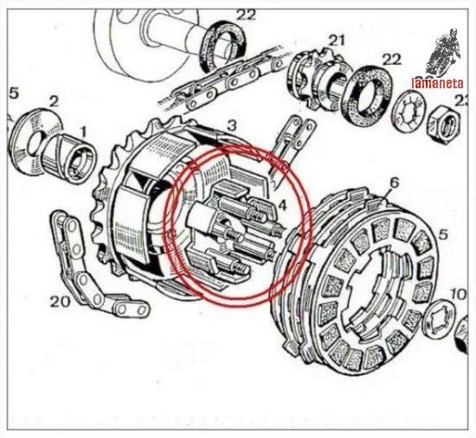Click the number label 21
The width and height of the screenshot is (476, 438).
click(x=337, y=41)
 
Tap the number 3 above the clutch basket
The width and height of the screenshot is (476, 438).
click(x=232, y=126)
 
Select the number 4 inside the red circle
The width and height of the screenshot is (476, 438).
click(x=282, y=206)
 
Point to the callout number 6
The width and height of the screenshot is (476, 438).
click(x=394, y=183)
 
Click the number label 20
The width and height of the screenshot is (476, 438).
click(x=60, y=301)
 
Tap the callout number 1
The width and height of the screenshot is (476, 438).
click(x=83, y=132)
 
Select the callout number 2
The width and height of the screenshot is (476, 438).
click(x=54, y=101)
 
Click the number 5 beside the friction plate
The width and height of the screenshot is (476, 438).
click(x=443, y=235)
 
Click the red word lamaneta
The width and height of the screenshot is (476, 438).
click(x=437, y=83)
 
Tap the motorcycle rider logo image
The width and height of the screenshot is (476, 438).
click(x=443, y=53)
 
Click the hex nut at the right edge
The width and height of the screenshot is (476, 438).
click(x=443, y=125)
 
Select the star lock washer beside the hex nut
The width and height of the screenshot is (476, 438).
click(x=409, y=112)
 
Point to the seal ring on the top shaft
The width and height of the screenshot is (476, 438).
click(x=222, y=46)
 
